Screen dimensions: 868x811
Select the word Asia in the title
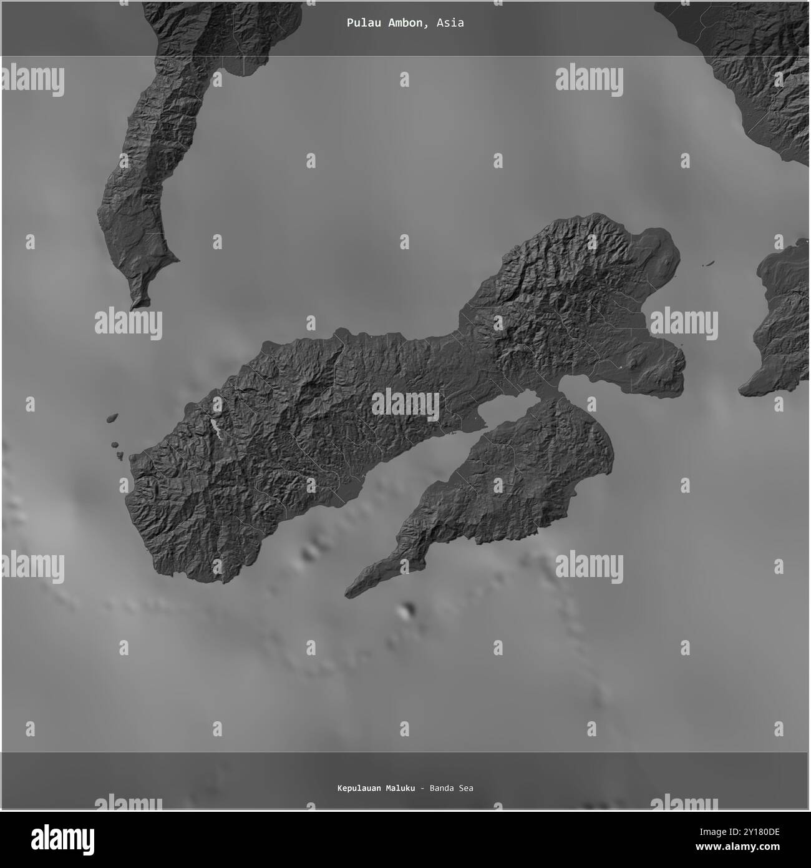450,23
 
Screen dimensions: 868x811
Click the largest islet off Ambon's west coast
112,417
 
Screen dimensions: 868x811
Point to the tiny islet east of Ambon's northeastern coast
707,265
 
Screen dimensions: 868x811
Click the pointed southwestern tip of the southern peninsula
348,594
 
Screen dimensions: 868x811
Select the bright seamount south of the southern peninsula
408,611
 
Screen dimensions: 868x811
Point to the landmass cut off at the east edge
780,325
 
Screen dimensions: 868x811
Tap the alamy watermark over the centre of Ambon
405,405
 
